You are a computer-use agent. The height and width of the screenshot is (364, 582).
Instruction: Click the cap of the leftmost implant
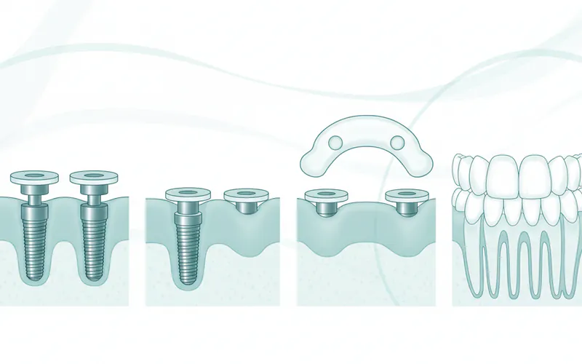click(34, 177)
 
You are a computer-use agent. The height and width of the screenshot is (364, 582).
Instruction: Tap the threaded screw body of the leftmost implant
click(34, 240)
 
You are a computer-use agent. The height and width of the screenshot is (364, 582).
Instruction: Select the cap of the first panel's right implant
click(92, 177)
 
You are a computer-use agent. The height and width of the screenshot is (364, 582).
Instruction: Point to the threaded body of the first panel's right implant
click(92, 240)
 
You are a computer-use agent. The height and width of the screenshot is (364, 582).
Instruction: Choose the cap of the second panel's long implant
click(188, 195)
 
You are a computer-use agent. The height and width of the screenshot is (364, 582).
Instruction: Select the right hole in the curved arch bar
click(396, 141)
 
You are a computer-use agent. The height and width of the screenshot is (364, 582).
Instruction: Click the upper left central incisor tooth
click(502, 175)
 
